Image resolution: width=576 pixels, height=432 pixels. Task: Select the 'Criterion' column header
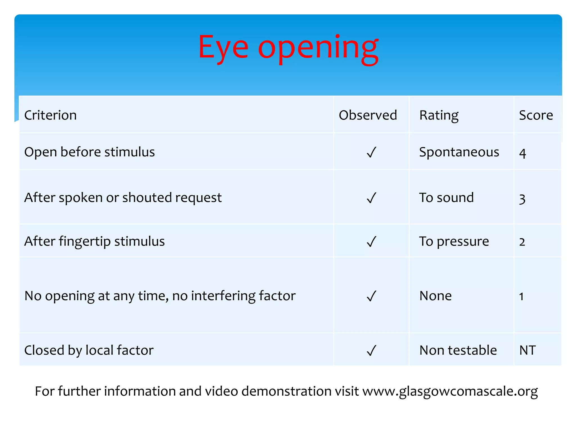tap(50, 115)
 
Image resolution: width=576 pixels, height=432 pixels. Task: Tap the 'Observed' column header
tap(368, 115)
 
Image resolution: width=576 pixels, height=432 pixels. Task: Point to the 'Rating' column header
tap(439, 115)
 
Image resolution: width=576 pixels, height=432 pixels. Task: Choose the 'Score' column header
tap(536, 115)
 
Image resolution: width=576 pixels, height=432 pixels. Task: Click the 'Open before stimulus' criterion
tap(89, 152)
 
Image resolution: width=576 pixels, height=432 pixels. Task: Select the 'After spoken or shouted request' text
tap(123, 198)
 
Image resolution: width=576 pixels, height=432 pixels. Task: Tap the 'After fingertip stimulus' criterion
tap(94, 241)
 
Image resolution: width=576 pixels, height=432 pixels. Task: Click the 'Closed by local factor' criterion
tap(89, 350)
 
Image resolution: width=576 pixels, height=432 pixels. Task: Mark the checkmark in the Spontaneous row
tap(371, 153)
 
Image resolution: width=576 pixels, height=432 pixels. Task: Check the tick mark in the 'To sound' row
tap(371, 198)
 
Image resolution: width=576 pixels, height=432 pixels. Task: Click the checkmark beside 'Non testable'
tap(371, 351)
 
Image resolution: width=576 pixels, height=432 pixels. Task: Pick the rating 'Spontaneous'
tap(459, 152)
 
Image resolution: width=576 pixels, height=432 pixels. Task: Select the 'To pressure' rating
tap(454, 241)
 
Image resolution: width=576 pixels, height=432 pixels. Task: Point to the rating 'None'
tap(435, 296)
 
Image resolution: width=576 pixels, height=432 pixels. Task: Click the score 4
tap(523, 153)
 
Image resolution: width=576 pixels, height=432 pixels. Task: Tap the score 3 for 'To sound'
tap(522, 199)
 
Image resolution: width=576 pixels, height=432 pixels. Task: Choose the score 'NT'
tap(527, 350)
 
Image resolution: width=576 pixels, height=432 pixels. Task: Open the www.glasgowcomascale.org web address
tap(450, 391)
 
